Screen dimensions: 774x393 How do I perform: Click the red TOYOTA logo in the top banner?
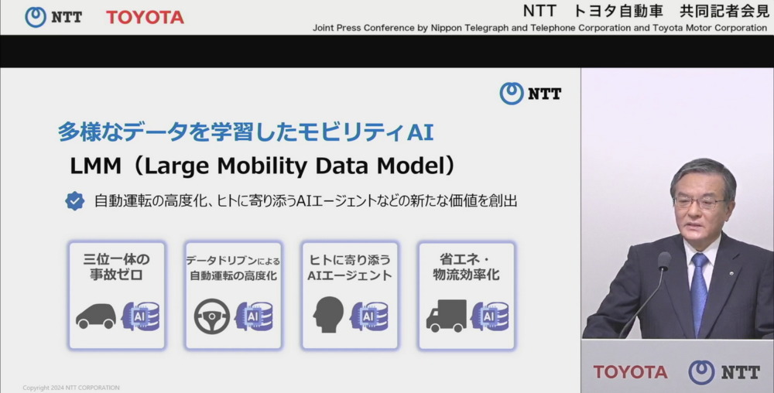coord(145,17)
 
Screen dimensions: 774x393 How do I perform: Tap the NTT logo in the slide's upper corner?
coord(531,93)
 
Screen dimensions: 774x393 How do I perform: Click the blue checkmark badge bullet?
coord(74,200)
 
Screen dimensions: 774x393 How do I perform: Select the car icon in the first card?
coord(96,316)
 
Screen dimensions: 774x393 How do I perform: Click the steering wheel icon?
coord(212,316)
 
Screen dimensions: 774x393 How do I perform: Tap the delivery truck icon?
coord(447,316)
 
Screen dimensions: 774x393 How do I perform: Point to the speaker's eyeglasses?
coord(700,202)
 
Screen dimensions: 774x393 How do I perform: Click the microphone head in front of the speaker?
coord(664,261)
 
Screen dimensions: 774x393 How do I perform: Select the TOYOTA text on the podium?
coord(630,372)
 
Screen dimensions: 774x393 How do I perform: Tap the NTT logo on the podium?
coord(724,372)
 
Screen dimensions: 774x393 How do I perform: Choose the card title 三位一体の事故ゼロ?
coord(117,267)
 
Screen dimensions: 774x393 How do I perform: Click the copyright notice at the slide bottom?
coord(71,388)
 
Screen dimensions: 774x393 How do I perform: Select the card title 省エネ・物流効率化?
coord(467,267)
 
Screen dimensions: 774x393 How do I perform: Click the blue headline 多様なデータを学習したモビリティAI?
coord(245,132)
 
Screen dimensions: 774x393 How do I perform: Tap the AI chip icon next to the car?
coord(141,316)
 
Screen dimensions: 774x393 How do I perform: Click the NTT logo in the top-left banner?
coord(53,17)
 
